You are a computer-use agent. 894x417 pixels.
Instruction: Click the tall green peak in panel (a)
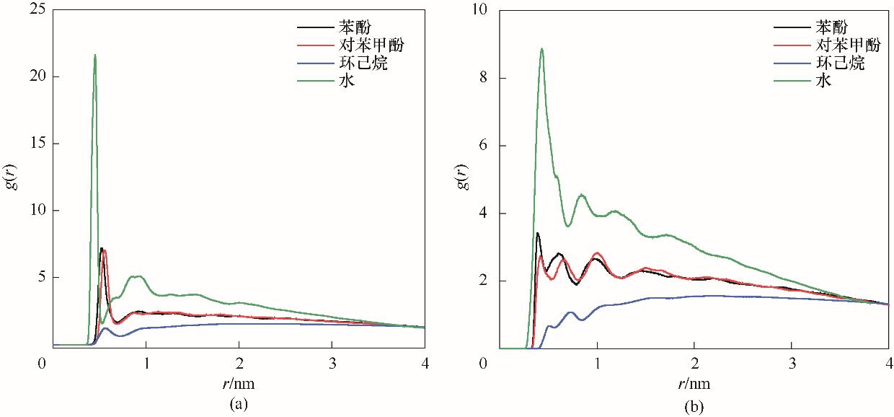(x=94, y=56)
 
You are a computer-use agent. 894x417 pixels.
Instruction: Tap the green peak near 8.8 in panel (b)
(x=541, y=50)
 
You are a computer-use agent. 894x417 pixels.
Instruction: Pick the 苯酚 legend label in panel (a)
(x=355, y=27)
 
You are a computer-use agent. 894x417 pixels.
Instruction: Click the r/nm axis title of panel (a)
(x=237, y=382)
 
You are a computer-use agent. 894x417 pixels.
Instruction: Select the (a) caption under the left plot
(x=237, y=403)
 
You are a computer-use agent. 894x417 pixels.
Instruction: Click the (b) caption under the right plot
(x=694, y=407)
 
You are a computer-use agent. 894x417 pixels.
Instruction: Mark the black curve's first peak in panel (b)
(x=537, y=234)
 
